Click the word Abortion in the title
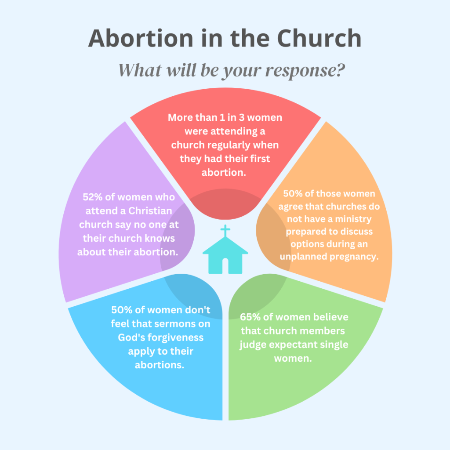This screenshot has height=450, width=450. tap(141, 38)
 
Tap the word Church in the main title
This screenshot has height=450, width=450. tap(319, 38)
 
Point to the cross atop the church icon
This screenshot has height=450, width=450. tap(225, 231)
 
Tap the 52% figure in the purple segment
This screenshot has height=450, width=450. tap(92, 197)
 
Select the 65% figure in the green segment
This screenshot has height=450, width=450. tap(250, 317)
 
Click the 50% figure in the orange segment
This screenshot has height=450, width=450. tap(293, 193)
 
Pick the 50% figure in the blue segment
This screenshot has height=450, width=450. tap(121, 310)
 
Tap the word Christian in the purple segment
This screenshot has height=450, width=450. tap(150, 210)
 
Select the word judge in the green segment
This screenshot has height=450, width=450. tap(253, 345)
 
